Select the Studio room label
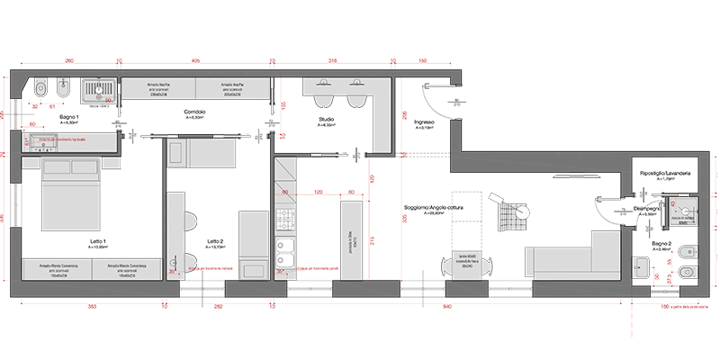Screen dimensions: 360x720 pyautogui.click(x=327, y=119)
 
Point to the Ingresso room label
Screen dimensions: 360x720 pyautogui.click(x=425, y=122)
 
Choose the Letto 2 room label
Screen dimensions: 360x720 pyautogui.click(x=214, y=241)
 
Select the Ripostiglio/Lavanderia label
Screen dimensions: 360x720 pyautogui.click(x=664, y=173)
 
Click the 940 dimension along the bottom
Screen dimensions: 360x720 pyautogui.click(x=447, y=307)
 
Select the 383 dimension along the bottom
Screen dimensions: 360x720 pyautogui.click(x=92, y=307)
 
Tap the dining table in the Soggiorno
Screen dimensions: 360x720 pyautogui.click(x=466, y=262)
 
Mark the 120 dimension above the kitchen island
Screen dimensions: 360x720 pyautogui.click(x=318, y=192)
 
